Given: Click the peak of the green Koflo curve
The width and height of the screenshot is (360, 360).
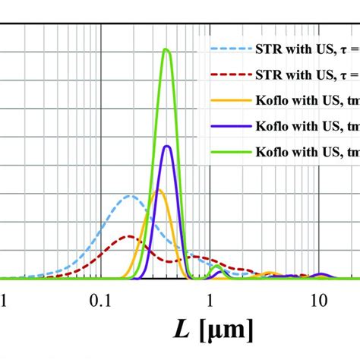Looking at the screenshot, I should pos(166,50).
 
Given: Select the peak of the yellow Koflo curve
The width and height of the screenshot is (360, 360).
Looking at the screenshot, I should pos(157,190).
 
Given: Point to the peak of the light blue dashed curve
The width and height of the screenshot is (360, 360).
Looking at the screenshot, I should pos(131,196).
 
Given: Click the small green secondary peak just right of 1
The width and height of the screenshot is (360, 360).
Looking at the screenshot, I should pos(219,270).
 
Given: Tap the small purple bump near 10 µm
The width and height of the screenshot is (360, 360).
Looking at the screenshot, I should pos(321,274).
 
